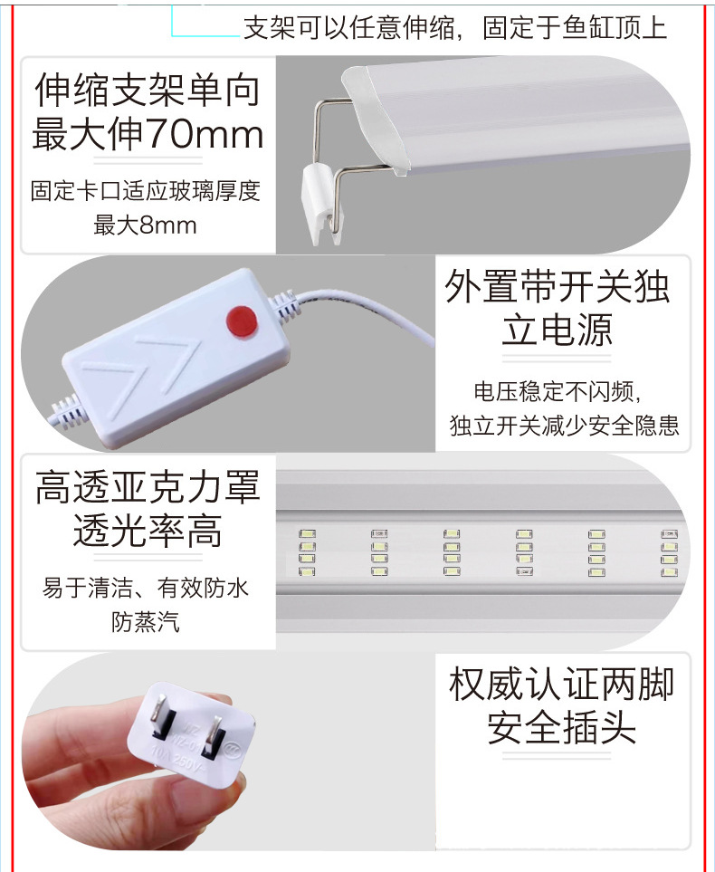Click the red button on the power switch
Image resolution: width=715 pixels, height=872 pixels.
(x=241, y=319)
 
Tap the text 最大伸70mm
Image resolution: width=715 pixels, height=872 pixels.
(x=148, y=135)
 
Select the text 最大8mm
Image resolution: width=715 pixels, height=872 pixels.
(x=146, y=225)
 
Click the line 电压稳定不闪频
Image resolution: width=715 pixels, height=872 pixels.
(x=558, y=392)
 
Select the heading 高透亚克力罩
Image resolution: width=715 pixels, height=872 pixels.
(x=148, y=490)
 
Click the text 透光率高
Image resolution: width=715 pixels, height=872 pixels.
(x=148, y=532)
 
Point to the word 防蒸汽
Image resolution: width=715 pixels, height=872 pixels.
(x=146, y=621)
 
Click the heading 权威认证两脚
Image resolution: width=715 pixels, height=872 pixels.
(x=561, y=685)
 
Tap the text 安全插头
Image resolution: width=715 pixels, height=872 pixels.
(x=561, y=728)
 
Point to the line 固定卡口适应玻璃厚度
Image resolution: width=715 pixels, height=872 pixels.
(x=146, y=192)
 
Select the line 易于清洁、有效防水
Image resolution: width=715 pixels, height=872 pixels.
(x=146, y=589)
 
